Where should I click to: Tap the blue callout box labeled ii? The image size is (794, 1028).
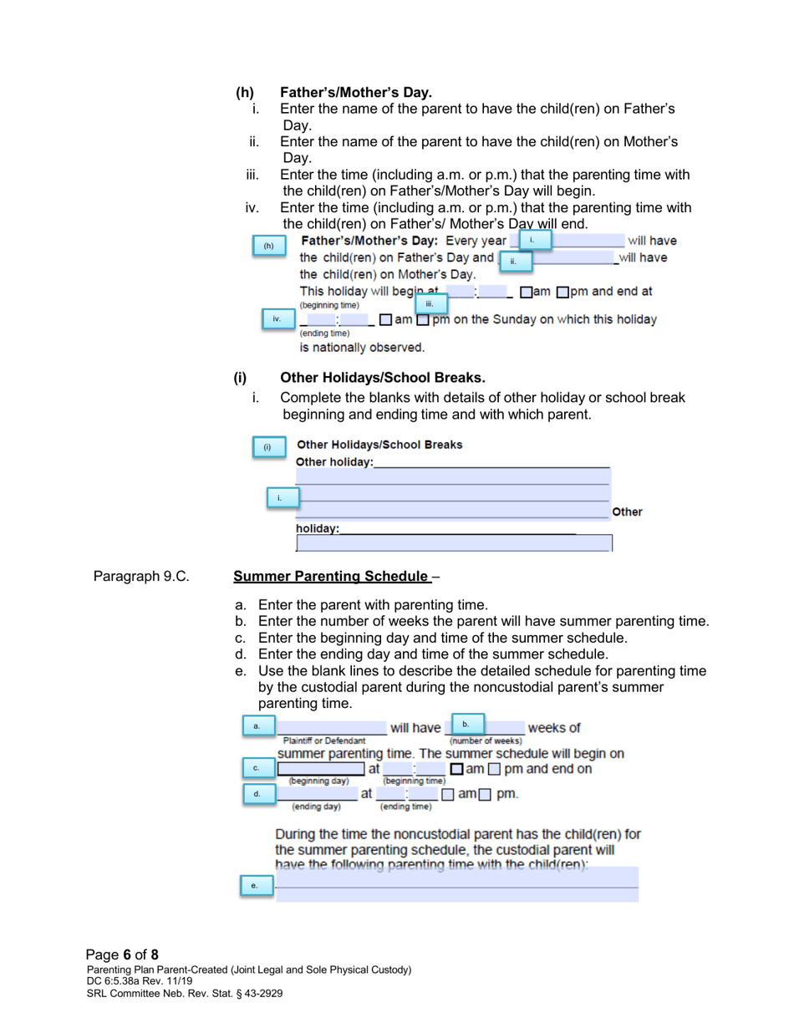[x=515, y=261]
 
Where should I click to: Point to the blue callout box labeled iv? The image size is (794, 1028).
[x=277, y=319]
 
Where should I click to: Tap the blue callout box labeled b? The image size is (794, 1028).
[x=467, y=725]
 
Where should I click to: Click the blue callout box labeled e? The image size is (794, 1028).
[x=256, y=885]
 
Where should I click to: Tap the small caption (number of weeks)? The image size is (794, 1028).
[x=486, y=741]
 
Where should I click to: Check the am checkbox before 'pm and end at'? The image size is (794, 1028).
[x=524, y=292]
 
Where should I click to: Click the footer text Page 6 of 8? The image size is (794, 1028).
[x=122, y=954]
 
